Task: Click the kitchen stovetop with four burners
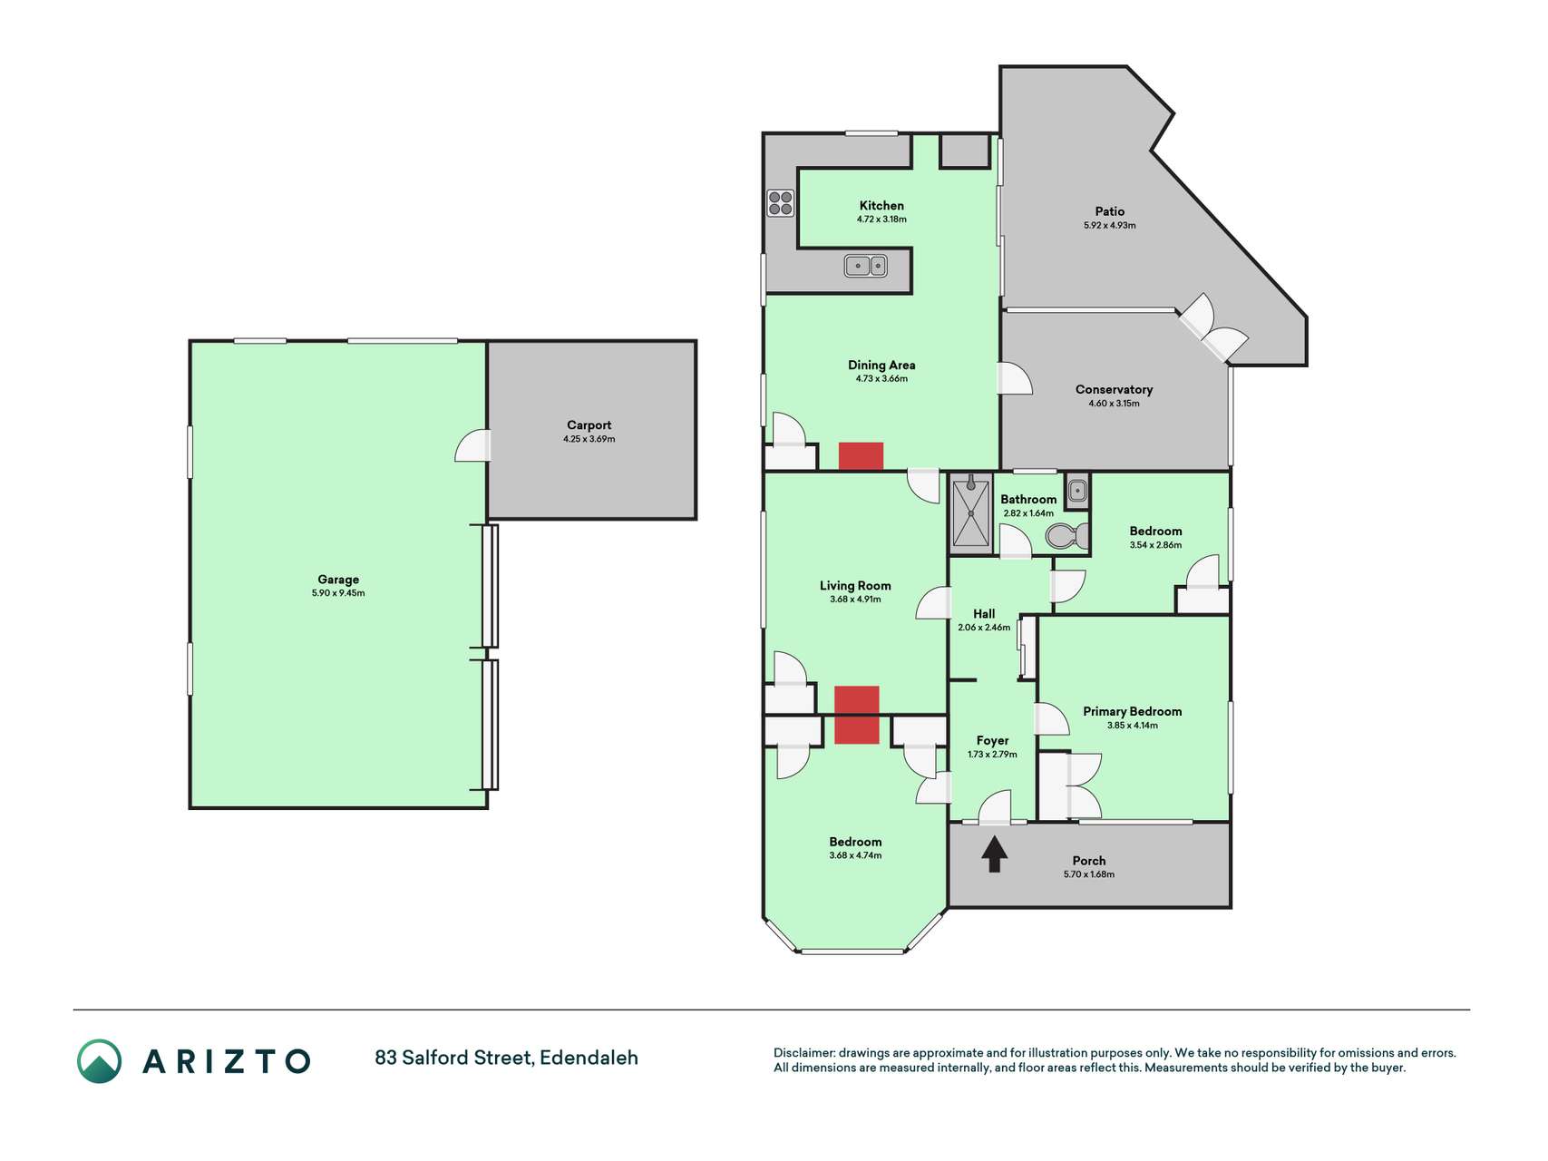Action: (x=780, y=203)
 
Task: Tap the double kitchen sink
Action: (x=865, y=266)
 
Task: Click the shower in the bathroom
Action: (x=971, y=513)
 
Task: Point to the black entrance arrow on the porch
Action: (x=995, y=854)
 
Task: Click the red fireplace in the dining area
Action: (x=861, y=456)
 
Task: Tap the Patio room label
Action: (x=1109, y=211)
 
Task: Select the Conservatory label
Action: (x=1114, y=389)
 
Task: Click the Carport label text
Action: (x=589, y=424)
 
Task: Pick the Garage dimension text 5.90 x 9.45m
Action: (x=338, y=593)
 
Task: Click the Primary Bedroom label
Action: (x=1132, y=711)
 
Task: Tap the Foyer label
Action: (x=992, y=740)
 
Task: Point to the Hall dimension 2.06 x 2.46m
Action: (x=984, y=627)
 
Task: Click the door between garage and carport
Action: (x=472, y=445)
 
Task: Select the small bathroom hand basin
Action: (x=1076, y=491)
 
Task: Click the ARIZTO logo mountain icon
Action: (x=99, y=1061)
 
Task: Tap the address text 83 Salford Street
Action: (x=453, y=1058)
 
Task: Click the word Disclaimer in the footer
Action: (x=803, y=1053)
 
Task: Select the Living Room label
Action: (x=855, y=586)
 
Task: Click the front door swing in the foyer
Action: (x=995, y=807)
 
